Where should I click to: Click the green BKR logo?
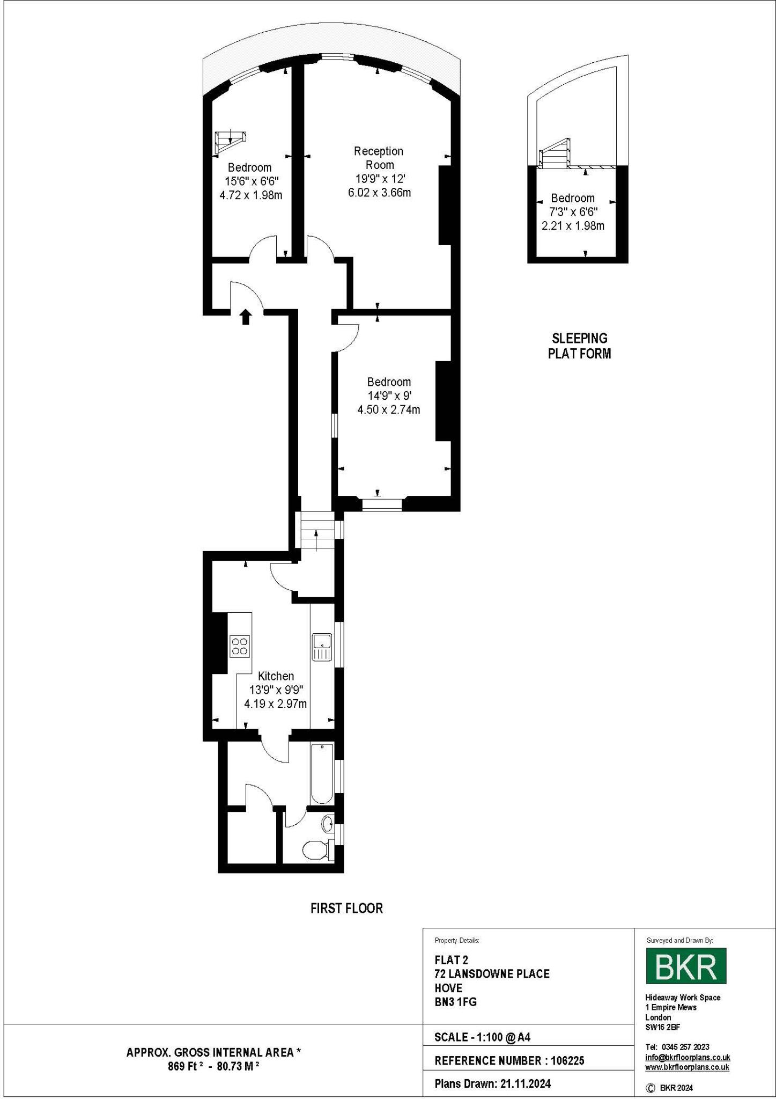pos(686,965)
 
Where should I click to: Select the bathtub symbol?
pos(322,773)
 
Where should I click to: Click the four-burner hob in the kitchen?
pos(240,646)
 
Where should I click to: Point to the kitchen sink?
pos(322,647)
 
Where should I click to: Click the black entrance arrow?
pos(246,317)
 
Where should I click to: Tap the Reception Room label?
pos(379,158)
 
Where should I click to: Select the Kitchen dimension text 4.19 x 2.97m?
pos(275,704)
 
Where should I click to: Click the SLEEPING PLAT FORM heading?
pos(579,346)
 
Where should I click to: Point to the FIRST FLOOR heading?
pos(346,908)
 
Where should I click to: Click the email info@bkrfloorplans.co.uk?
pos(688,1057)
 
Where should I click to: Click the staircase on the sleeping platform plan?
pos(555,153)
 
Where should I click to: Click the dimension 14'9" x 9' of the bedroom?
pos(389,396)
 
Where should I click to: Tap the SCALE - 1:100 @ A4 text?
pos(482,1037)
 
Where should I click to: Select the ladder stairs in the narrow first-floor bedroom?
pos(230,141)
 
